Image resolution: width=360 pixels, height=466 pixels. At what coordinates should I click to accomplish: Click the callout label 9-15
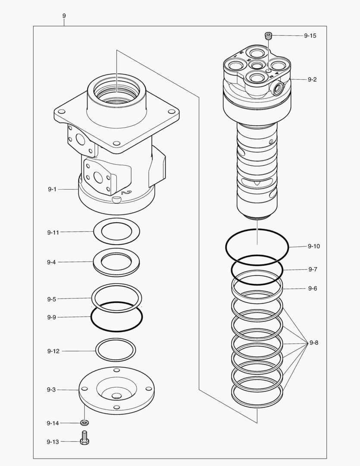point(310,36)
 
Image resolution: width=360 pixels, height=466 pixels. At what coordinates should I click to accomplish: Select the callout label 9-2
point(312,80)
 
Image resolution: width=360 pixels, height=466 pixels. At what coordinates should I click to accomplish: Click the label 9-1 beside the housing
point(52,189)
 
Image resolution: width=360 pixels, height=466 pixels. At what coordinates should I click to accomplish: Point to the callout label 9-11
point(53,232)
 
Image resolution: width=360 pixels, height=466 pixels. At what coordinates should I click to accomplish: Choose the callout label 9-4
point(51,262)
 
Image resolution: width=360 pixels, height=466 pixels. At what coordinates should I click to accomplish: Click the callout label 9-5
point(51,299)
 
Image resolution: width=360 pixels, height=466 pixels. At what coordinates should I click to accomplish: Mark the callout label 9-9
point(51,317)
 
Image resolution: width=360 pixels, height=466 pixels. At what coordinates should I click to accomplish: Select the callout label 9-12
point(53,351)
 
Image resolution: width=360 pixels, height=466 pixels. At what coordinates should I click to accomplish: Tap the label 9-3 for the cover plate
point(51,390)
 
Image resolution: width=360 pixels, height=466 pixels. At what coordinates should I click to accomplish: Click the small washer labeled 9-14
point(85,422)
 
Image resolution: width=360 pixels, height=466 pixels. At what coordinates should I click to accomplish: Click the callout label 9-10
point(314,246)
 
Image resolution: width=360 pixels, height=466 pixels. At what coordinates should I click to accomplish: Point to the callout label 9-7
point(313,269)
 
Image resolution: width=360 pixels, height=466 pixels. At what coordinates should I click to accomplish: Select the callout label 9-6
point(313,288)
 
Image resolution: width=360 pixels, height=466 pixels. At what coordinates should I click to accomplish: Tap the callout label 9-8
point(314,343)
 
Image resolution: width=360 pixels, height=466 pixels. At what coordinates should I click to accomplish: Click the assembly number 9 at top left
point(64,16)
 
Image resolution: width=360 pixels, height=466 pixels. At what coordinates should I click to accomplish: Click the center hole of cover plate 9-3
point(116,396)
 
